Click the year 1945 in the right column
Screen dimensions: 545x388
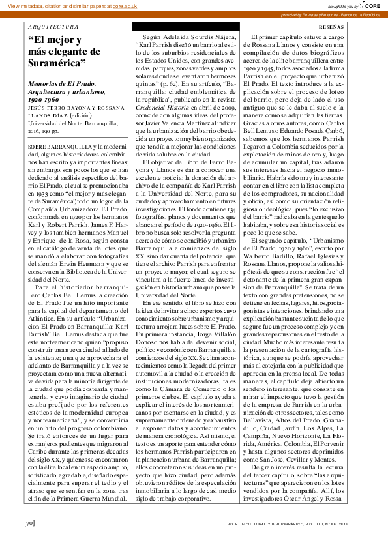(x=286, y=68)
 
